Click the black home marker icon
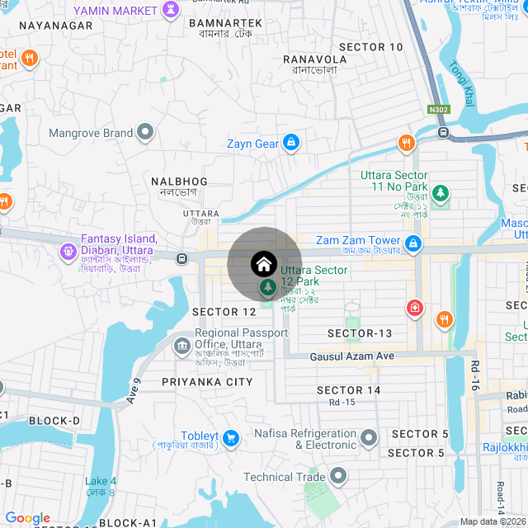pos(263,264)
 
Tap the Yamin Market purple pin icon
pos(172,11)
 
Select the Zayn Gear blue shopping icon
pos(290,144)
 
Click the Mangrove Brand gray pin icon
pos(146,133)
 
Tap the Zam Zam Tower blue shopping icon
pos(413,244)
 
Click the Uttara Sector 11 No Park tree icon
pos(441,193)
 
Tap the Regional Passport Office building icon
pos(181,346)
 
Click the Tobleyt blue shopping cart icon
pos(230,436)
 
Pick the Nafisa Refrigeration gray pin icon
pos(369,436)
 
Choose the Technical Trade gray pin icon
pos(337,476)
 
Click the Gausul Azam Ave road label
pos(352,356)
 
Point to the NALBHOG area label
pos(179,181)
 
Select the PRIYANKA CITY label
pos(207,382)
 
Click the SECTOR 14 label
pos(349,390)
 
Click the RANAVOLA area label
pos(314,59)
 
